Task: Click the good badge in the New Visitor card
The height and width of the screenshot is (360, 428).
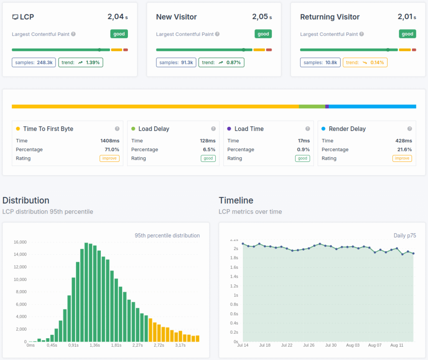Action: click(x=263, y=34)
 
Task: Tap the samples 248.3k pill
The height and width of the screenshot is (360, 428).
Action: click(x=34, y=62)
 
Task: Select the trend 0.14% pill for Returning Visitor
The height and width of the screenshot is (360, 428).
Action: click(x=365, y=62)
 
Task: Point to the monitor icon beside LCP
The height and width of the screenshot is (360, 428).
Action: click(x=15, y=17)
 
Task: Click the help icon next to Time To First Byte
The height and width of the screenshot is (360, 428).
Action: click(x=117, y=129)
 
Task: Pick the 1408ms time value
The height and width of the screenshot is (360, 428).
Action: click(x=110, y=140)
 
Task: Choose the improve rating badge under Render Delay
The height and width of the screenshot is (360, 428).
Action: click(x=402, y=158)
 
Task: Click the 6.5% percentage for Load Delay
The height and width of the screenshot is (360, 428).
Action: click(x=209, y=149)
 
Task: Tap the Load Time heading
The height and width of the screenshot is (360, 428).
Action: click(x=249, y=129)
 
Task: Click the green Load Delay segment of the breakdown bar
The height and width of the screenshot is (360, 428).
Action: click(x=312, y=107)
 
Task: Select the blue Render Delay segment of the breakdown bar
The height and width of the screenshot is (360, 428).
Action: click(x=372, y=107)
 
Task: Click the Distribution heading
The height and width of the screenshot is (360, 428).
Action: click(x=26, y=200)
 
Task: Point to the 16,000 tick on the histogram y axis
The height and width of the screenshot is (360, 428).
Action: click(x=20, y=242)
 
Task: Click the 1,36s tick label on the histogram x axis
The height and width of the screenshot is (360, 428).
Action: click(x=94, y=345)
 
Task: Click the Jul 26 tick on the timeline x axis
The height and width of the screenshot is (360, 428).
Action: click(x=309, y=345)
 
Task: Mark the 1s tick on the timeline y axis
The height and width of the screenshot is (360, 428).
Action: click(x=236, y=295)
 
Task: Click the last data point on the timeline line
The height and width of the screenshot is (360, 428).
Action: click(x=413, y=253)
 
